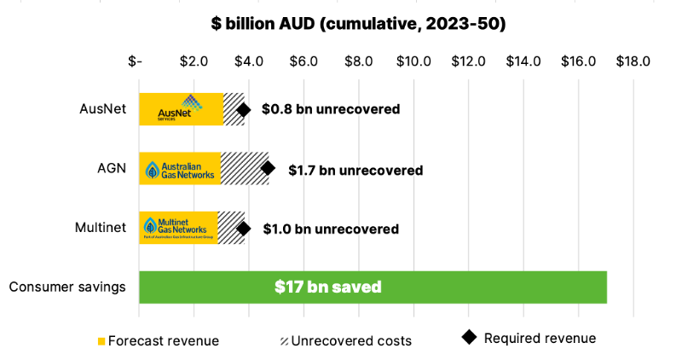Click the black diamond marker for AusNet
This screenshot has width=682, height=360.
click(x=244, y=110)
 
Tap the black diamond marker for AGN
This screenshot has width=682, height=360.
click(x=268, y=169)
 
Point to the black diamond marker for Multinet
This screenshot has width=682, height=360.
click(x=244, y=229)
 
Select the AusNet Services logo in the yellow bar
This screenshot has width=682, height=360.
click(x=181, y=108)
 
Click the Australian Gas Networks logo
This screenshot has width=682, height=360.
click(x=179, y=169)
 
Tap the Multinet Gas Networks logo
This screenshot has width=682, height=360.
click(x=178, y=228)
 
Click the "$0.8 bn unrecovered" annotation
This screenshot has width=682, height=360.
click(x=330, y=110)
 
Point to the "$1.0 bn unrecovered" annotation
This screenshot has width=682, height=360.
click(x=330, y=229)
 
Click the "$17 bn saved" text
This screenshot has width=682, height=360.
click(x=327, y=287)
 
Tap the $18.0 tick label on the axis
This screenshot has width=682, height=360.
click(x=633, y=61)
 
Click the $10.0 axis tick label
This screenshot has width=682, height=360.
click(x=413, y=61)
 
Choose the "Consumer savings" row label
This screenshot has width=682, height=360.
click(x=67, y=287)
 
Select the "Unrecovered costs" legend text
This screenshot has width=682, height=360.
click(x=351, y=341)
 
